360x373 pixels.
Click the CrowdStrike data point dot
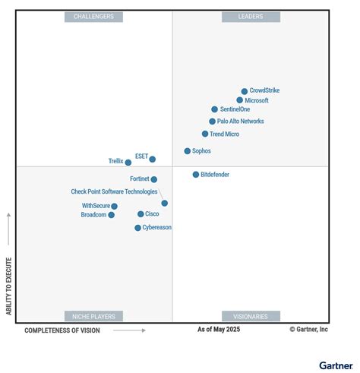click(245, 91)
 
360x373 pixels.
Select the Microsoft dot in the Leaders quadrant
click(240, 100)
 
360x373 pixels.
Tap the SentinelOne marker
click(215, 109)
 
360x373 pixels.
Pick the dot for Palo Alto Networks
click(213, 122)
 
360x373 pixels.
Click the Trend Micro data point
click(205, 134)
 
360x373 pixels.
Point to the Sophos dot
click(188, 151)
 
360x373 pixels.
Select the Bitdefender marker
click(196, 175)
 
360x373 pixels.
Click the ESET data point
click(153, 160)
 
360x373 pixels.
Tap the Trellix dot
click(128, 163)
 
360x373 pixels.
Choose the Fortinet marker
click(154, 180)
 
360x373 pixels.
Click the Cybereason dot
click(137, 228)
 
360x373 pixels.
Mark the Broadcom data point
click(112, 215)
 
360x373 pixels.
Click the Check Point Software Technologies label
click(114, 191)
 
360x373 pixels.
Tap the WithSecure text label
click(96, 206)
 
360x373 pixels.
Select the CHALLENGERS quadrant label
click(93, 17)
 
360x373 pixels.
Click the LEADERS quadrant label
click(251, 17)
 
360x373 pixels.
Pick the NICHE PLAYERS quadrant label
click(93, 316)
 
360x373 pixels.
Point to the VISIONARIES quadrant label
click(251, 316)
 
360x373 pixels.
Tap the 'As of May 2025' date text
click(223, 330)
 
